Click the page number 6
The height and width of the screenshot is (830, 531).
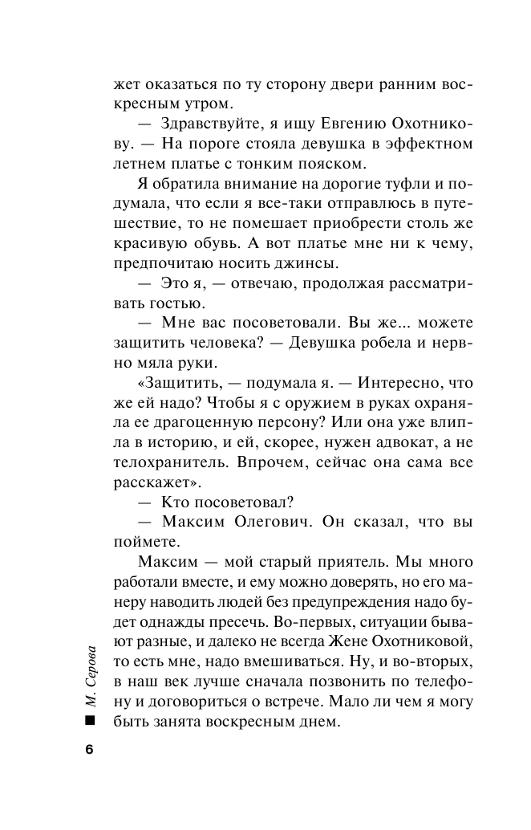tap(89, 750)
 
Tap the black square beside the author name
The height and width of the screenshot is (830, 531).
tap(89, 722)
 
